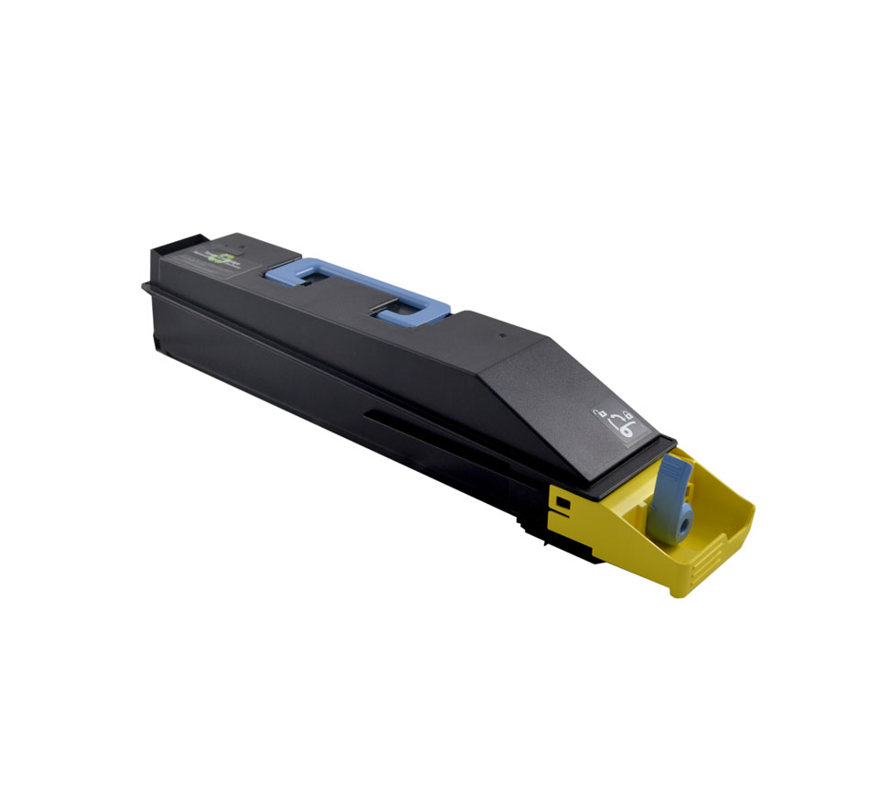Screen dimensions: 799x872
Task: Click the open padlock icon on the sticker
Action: coord(600,415)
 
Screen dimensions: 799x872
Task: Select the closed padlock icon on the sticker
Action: coord(628,413)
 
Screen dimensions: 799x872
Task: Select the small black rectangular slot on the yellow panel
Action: coord(561,502)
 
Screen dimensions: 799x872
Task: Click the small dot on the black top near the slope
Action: coord(502,336)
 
